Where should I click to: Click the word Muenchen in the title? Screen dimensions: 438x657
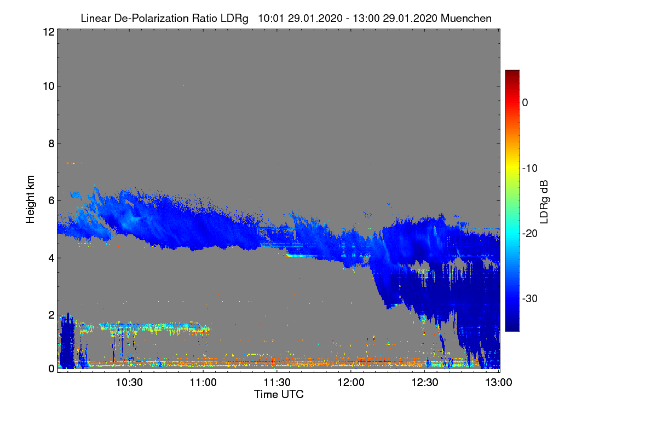click(466, 18)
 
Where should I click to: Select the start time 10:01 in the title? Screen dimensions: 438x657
click(269, 18)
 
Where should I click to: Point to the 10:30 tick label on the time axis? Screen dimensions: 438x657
click(130, 383)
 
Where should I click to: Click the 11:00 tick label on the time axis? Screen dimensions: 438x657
click(203, 383)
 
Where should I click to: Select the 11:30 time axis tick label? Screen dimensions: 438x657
click(277, 383)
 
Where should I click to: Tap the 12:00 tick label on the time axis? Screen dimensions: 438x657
click(351, 383)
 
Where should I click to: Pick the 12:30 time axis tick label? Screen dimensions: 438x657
click(425, 383)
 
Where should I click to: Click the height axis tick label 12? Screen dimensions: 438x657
click(48, 32)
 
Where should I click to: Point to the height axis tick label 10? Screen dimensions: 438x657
click(48, 87)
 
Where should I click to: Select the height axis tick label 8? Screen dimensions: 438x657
click(50, 144)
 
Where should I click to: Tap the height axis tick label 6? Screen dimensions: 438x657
click(50, 201)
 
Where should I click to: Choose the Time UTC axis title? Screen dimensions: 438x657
click(279, 394)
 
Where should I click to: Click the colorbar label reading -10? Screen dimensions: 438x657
click(531, 168)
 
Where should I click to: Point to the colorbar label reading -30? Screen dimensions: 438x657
click(531, 299)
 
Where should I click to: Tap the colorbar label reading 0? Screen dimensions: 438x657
click(525, 103)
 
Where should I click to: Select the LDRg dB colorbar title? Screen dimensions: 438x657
click(544, 201)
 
